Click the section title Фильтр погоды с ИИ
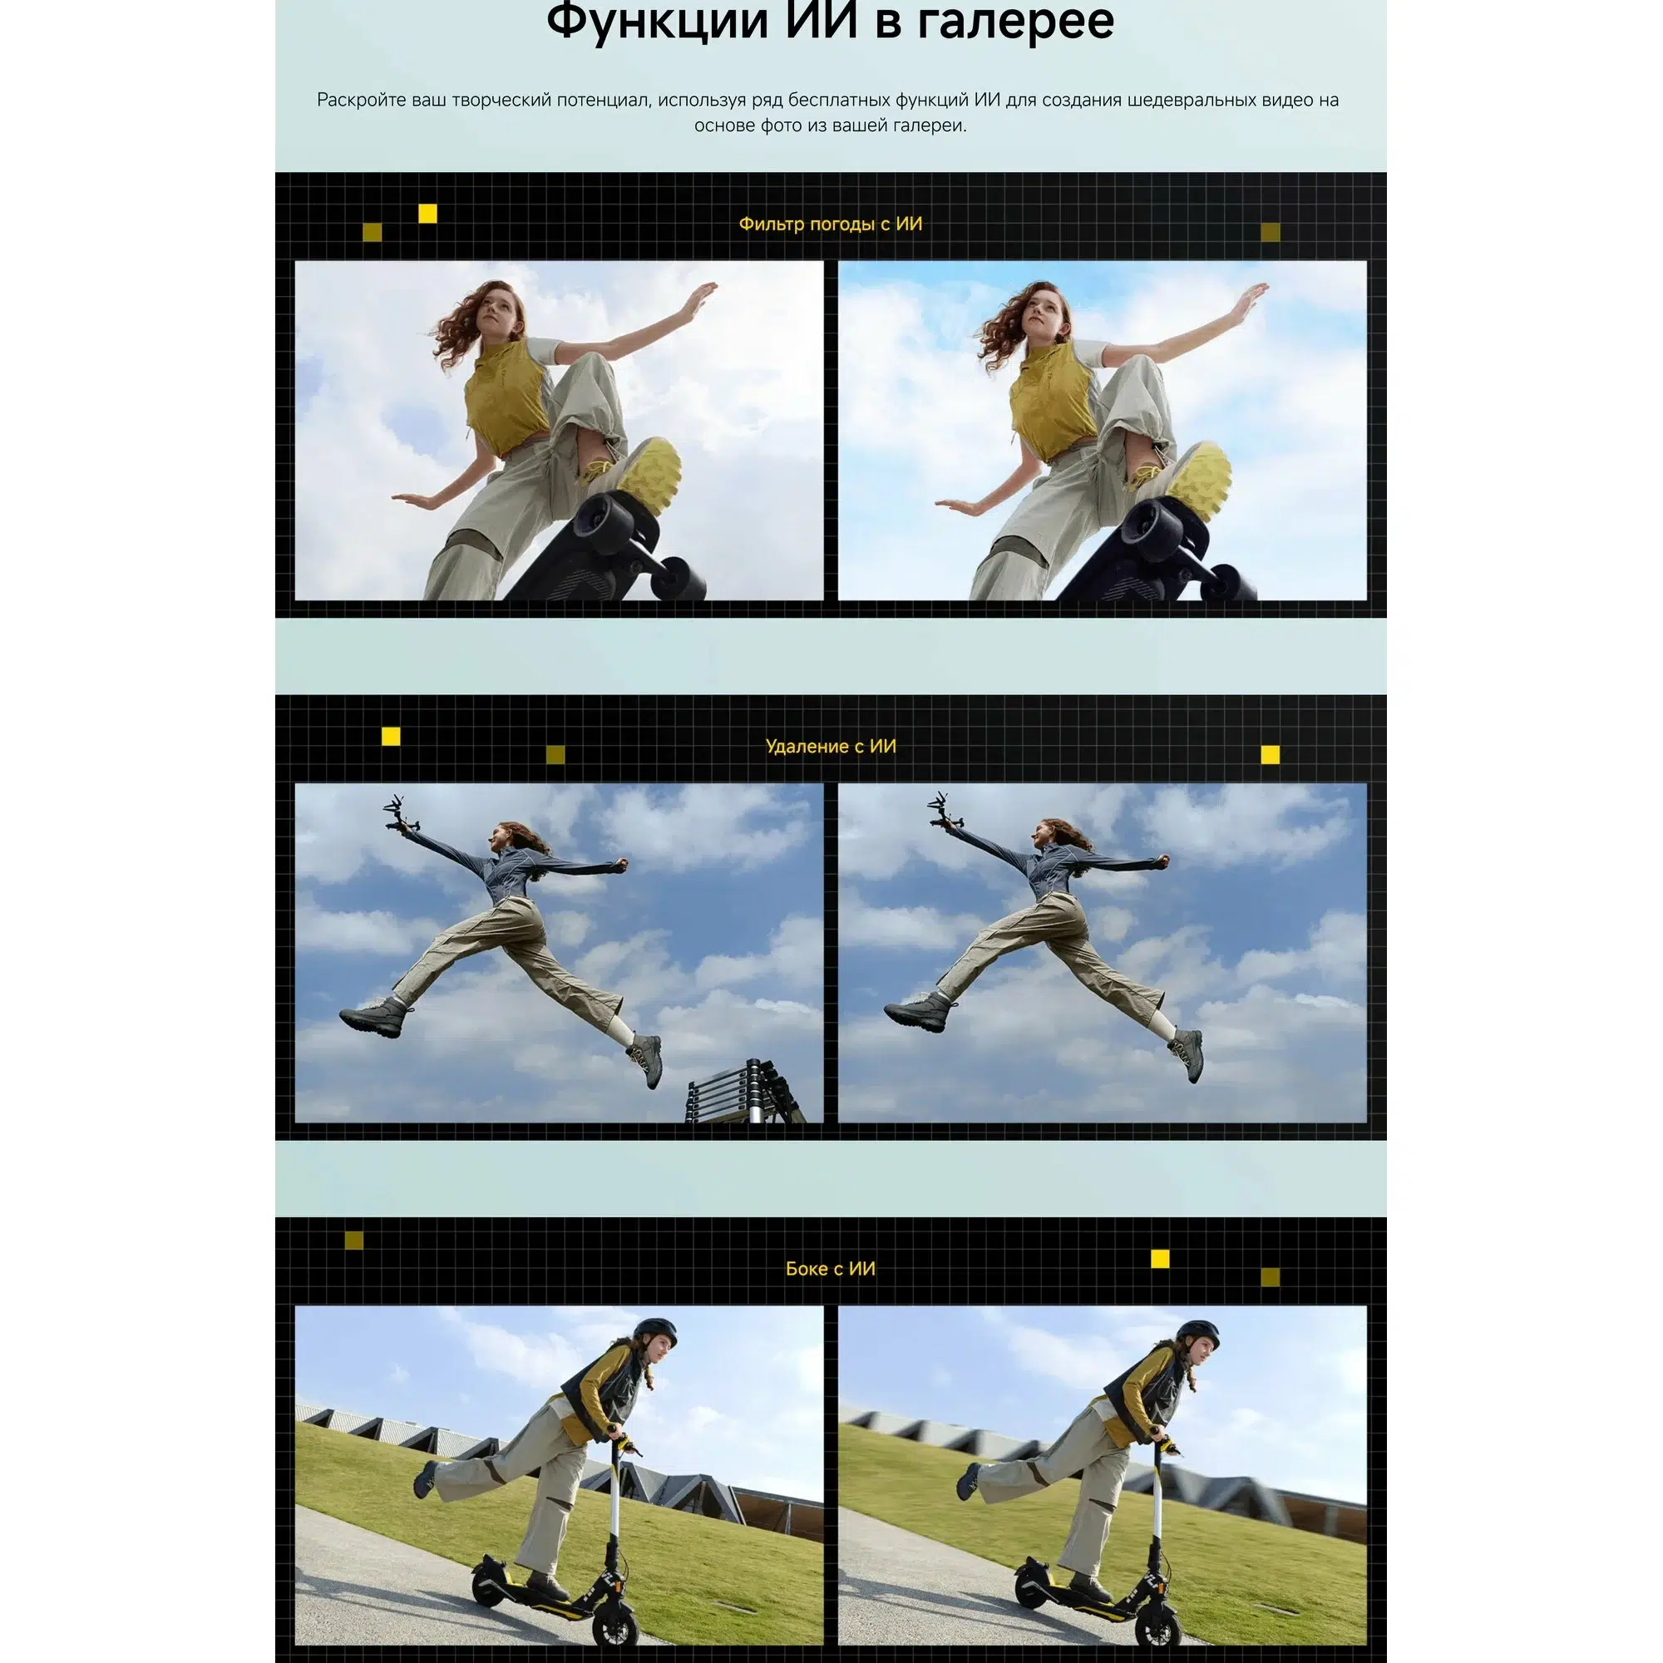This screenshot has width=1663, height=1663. click(831, 224)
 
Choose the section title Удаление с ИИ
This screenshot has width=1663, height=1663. click(831, 747)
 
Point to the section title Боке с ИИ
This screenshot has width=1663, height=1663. click(831, 1269)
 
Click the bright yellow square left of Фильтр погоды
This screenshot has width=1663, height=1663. click(427, 214)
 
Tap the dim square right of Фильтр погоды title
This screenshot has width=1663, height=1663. click(1271, 231)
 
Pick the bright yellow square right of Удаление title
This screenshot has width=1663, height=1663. click(1271, 755)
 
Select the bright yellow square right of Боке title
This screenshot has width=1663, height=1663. click(1160, 1259)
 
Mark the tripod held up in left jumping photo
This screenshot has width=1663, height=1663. click(401, 812)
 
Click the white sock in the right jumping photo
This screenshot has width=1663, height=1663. click(1163, 1024)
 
